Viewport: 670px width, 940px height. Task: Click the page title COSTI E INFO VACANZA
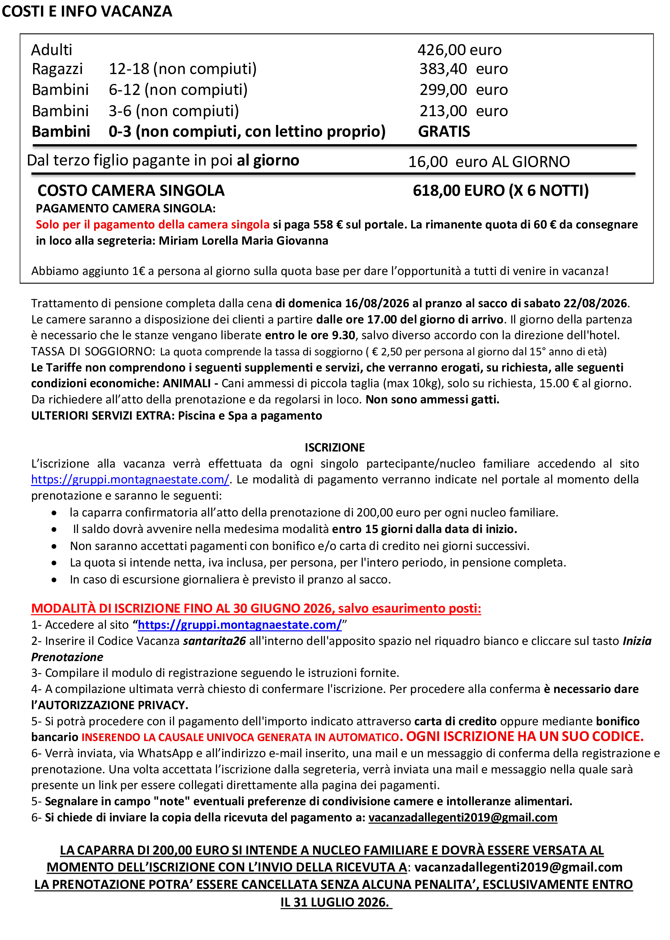(87, 11)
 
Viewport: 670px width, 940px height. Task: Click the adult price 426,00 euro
(459, 50)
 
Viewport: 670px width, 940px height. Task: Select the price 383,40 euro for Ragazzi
(463, 69)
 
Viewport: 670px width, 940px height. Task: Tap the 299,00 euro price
(463, 89)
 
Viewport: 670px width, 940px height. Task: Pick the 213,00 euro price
(463, 111)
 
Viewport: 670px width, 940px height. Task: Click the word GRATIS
(444, 132)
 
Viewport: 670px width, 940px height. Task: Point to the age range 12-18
(129, 69)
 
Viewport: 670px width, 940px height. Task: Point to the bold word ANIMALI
(186, 383)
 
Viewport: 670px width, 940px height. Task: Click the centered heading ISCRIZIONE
(334, 447)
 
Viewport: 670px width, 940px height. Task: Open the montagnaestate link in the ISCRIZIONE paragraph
(130, 479)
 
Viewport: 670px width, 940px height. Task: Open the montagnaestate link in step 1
(240, 625)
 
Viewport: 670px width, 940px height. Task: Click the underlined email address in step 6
(462, 817)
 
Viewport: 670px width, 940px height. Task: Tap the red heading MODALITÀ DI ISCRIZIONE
(256, 608)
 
